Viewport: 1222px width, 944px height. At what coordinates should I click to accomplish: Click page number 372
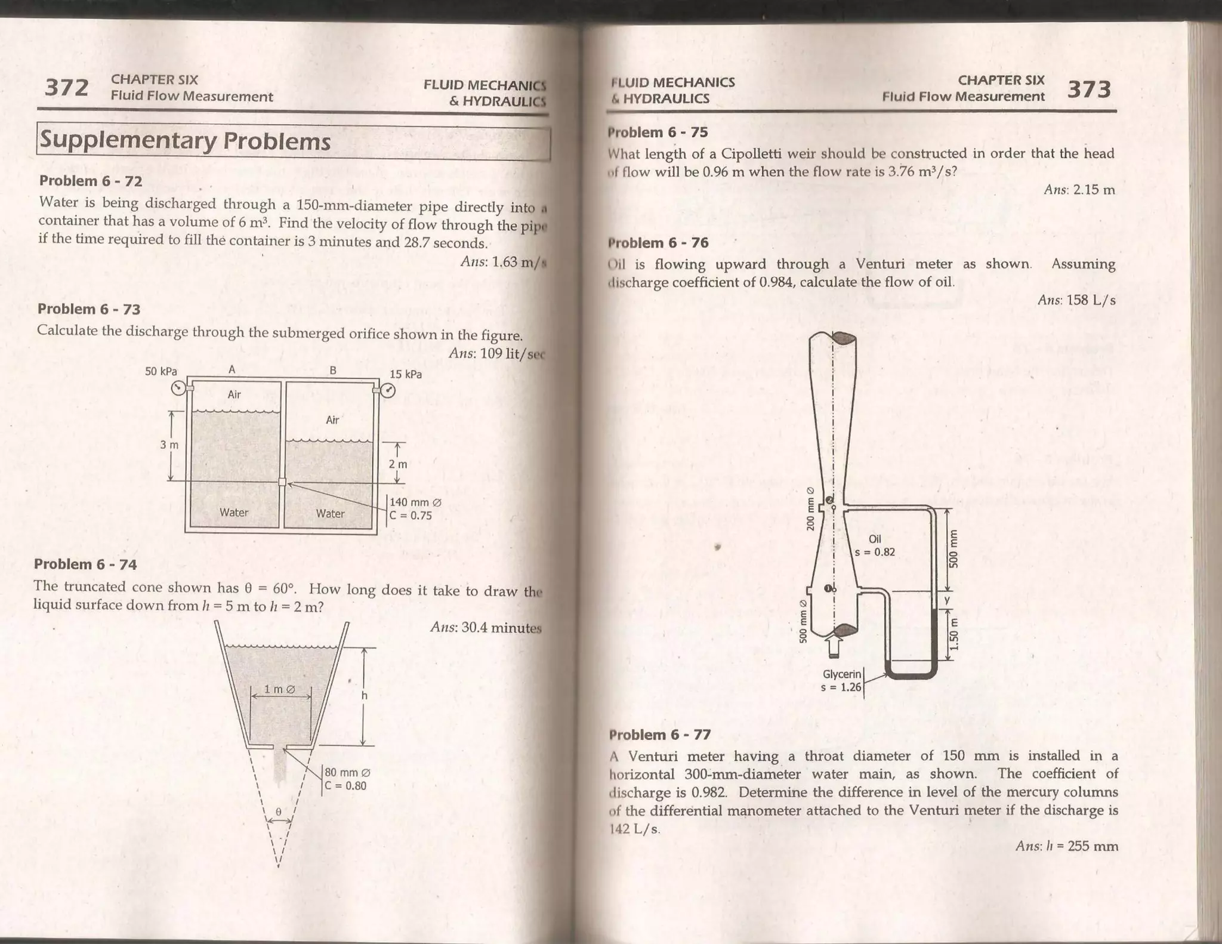[x=66, y=88]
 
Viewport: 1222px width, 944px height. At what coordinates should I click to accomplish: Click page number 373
[x=1089, y=90]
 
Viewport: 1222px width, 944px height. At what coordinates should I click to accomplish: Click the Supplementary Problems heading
[x=185, y=141]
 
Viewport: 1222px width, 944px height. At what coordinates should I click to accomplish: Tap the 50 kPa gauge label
[x=161, y=371]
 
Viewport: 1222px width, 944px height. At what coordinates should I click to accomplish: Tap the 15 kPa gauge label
[x=406, y=374]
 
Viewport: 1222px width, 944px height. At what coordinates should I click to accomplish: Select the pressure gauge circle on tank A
[x=178, y=388]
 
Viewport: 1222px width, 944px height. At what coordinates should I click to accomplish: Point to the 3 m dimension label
[x=169, y=445]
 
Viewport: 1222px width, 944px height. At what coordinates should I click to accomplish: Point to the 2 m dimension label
[x=398, y=464]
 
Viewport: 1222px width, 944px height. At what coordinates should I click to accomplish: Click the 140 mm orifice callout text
[x=415, y=502]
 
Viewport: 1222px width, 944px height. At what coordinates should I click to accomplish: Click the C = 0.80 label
[x=345, y=786]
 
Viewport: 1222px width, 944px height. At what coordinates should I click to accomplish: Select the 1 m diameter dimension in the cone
[x=280, y=689]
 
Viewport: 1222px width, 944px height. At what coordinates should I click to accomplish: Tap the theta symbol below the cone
[x=278, y=812]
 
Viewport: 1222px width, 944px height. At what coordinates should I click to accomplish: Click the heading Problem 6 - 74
[x=85, y=564]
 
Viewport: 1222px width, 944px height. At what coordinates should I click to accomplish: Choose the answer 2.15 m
[x=1079, y=190]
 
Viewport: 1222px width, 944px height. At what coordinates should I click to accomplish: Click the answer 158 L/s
[x=1076, y=300]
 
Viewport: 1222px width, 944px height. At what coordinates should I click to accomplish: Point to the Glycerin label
[x=841, y=674]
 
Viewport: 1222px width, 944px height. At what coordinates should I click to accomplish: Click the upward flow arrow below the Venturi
[x=835, y=644]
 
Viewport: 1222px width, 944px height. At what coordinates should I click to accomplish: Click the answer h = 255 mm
[x=1067, y=846]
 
